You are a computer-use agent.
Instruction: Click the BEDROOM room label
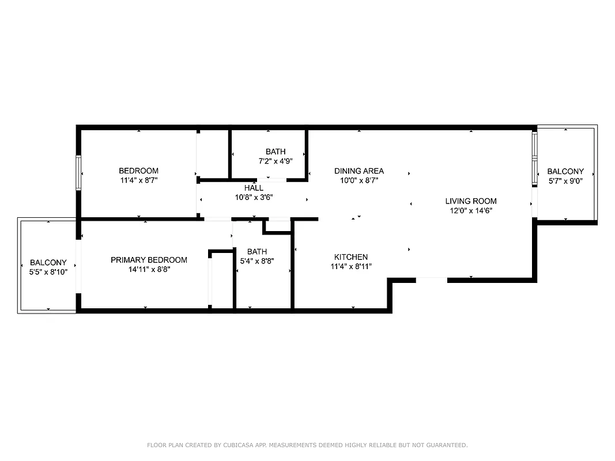point(138,171)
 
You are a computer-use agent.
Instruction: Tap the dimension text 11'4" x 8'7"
point(138,180)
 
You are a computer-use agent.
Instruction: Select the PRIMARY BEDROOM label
point(149,260)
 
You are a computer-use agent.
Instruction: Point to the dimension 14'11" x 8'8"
point(149,269)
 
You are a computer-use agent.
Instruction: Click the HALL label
point(254,188)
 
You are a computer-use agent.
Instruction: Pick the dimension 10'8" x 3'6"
point(254,197)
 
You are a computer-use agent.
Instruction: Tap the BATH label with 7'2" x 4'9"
point(276,152)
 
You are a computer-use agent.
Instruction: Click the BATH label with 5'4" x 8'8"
point(257,251)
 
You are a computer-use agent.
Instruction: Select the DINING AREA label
point(359,171)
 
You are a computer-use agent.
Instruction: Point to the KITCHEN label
point(351,257)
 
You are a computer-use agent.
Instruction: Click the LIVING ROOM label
point(471,201)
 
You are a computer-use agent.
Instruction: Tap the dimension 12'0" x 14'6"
point(471,210)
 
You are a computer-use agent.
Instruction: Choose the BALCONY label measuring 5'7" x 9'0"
point(565,171)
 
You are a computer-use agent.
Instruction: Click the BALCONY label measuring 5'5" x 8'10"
point(48,262)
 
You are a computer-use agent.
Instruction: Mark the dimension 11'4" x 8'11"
point(351,266)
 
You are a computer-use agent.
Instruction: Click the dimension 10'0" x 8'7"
point(359,180)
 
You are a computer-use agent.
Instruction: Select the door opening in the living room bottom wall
point(431,280)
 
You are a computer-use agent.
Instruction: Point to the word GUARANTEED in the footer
point(444,445)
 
